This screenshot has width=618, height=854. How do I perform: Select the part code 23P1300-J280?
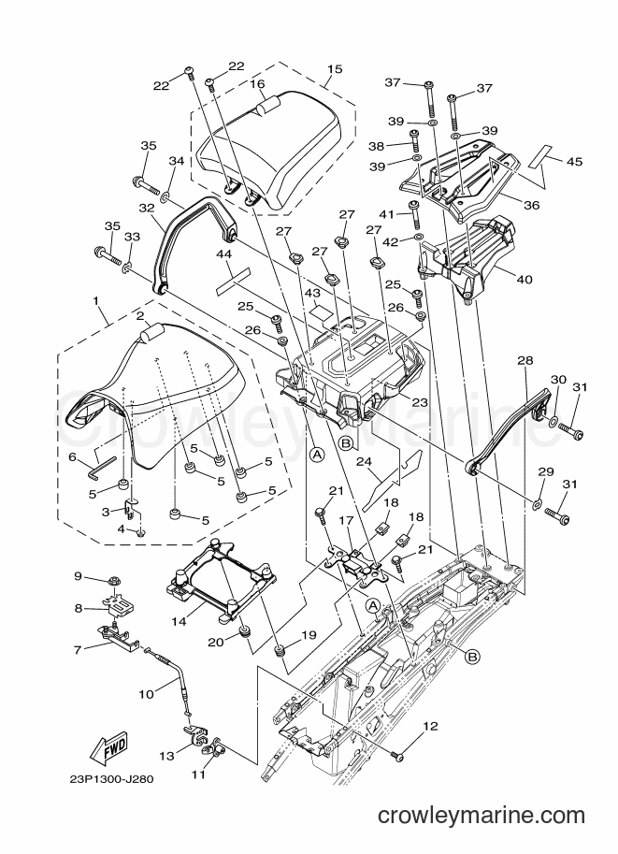point(111,779)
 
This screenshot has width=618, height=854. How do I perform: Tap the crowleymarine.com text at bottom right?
point(481,816)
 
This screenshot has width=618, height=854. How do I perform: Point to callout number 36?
point(531,206)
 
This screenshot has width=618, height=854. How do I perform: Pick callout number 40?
point(525,280)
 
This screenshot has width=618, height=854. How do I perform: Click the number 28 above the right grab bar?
point(525,360)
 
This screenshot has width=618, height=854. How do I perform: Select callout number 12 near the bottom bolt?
point(430,726)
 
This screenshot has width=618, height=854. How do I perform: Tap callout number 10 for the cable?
point(146,694)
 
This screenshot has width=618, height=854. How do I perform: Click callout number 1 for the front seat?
point(95,300)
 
